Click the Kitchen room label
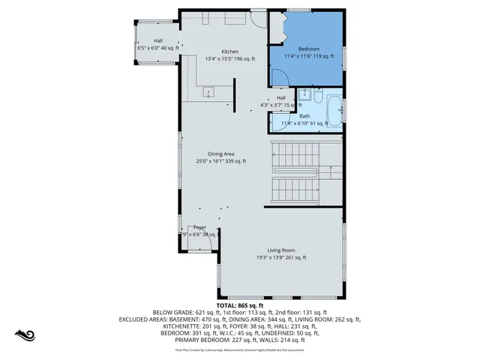coord(229,51)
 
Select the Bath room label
coord(304,116)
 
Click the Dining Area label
coord(221,154)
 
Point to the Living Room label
coord(282,250)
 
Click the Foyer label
coord(199,227)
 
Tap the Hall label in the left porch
coord(158,41)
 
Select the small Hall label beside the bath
coord(281,98)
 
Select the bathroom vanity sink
coord(305,94)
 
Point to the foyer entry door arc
coord(186,232)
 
